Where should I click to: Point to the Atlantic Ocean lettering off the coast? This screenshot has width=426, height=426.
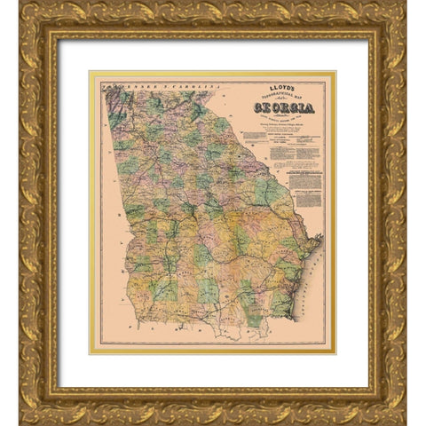click(319, 266)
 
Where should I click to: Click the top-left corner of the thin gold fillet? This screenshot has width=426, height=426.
click(90, 72)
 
